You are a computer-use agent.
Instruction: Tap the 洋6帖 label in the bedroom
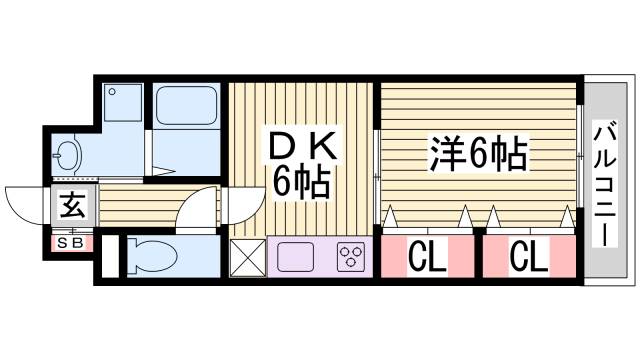coord(479,154)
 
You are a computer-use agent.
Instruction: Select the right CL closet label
coord(528,258)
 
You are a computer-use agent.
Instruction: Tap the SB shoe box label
coord(71,242)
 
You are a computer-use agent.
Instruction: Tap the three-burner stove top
coord(351,256)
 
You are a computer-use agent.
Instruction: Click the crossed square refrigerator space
coord(247,256)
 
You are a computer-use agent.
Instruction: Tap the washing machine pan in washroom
coord(125,103)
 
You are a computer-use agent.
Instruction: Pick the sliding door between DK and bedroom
coord(376,165)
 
